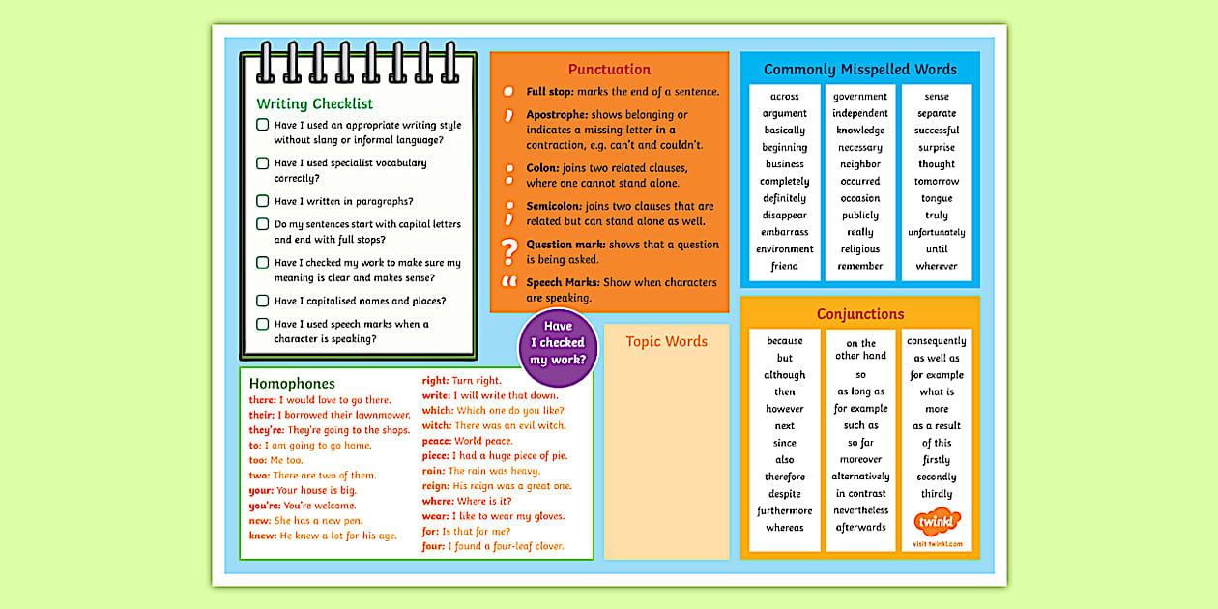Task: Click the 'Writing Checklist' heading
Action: [x=314, y=103]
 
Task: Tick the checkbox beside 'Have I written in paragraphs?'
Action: [x=262, y=201]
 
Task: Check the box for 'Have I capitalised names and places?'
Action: [x=262, y=301]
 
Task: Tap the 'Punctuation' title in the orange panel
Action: [x=609, y=69]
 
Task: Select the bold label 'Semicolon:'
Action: [x=551, y=206]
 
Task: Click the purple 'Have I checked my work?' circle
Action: [x=558, y=343]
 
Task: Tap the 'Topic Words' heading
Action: [x=666, y=341]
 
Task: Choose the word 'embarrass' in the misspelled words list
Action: [x=784, y=232]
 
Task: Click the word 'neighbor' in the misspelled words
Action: [x=859, y=164]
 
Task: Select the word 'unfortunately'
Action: [x=936, y=232]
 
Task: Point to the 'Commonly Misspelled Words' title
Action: [x=859, y=69]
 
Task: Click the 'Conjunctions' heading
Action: [x=859, y=314]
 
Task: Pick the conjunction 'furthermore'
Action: [x=784, y=510]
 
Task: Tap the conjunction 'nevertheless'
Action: [x=859, y=510]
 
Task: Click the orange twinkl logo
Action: [x=936, y=522]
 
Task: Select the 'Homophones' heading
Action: [x=292, y=384]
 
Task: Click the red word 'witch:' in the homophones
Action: [x=437, y=425]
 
